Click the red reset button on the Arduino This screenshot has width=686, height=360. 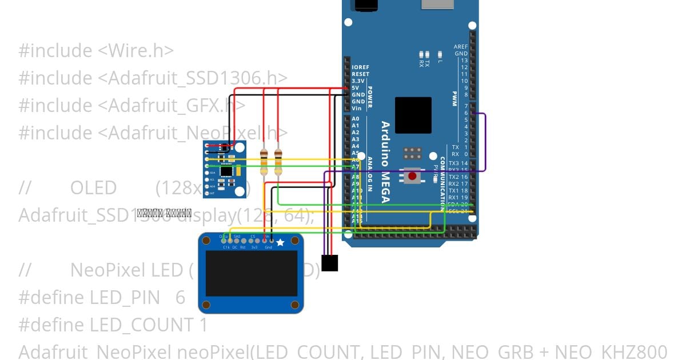(x=412, y=176)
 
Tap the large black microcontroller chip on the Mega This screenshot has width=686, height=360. (x=413, y=115)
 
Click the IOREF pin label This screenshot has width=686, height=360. (x=360, y=67)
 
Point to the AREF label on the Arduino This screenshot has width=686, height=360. (x=460, y=47)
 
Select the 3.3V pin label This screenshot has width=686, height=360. (x=358, y=81)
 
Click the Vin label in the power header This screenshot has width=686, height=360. (x=357, y=109)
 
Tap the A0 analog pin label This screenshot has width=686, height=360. (x=356, y=119)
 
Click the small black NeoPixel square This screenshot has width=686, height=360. (x=329, y=263)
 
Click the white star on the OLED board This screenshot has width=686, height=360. (x=280, y=243)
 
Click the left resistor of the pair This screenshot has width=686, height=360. (x=264, y=162)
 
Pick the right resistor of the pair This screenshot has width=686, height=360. (x=278, y=162)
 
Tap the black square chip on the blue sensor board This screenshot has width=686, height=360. (x=227, y=170)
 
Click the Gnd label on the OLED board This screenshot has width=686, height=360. (x=269, y=247)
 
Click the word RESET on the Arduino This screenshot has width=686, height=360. (x=360, y=74)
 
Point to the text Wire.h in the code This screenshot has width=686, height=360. (x=136, y=51)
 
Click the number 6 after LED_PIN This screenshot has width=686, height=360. (x=181, y=298)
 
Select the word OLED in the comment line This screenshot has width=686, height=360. (x=93, y=188)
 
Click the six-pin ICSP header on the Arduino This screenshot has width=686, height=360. (x=412, y=154)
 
